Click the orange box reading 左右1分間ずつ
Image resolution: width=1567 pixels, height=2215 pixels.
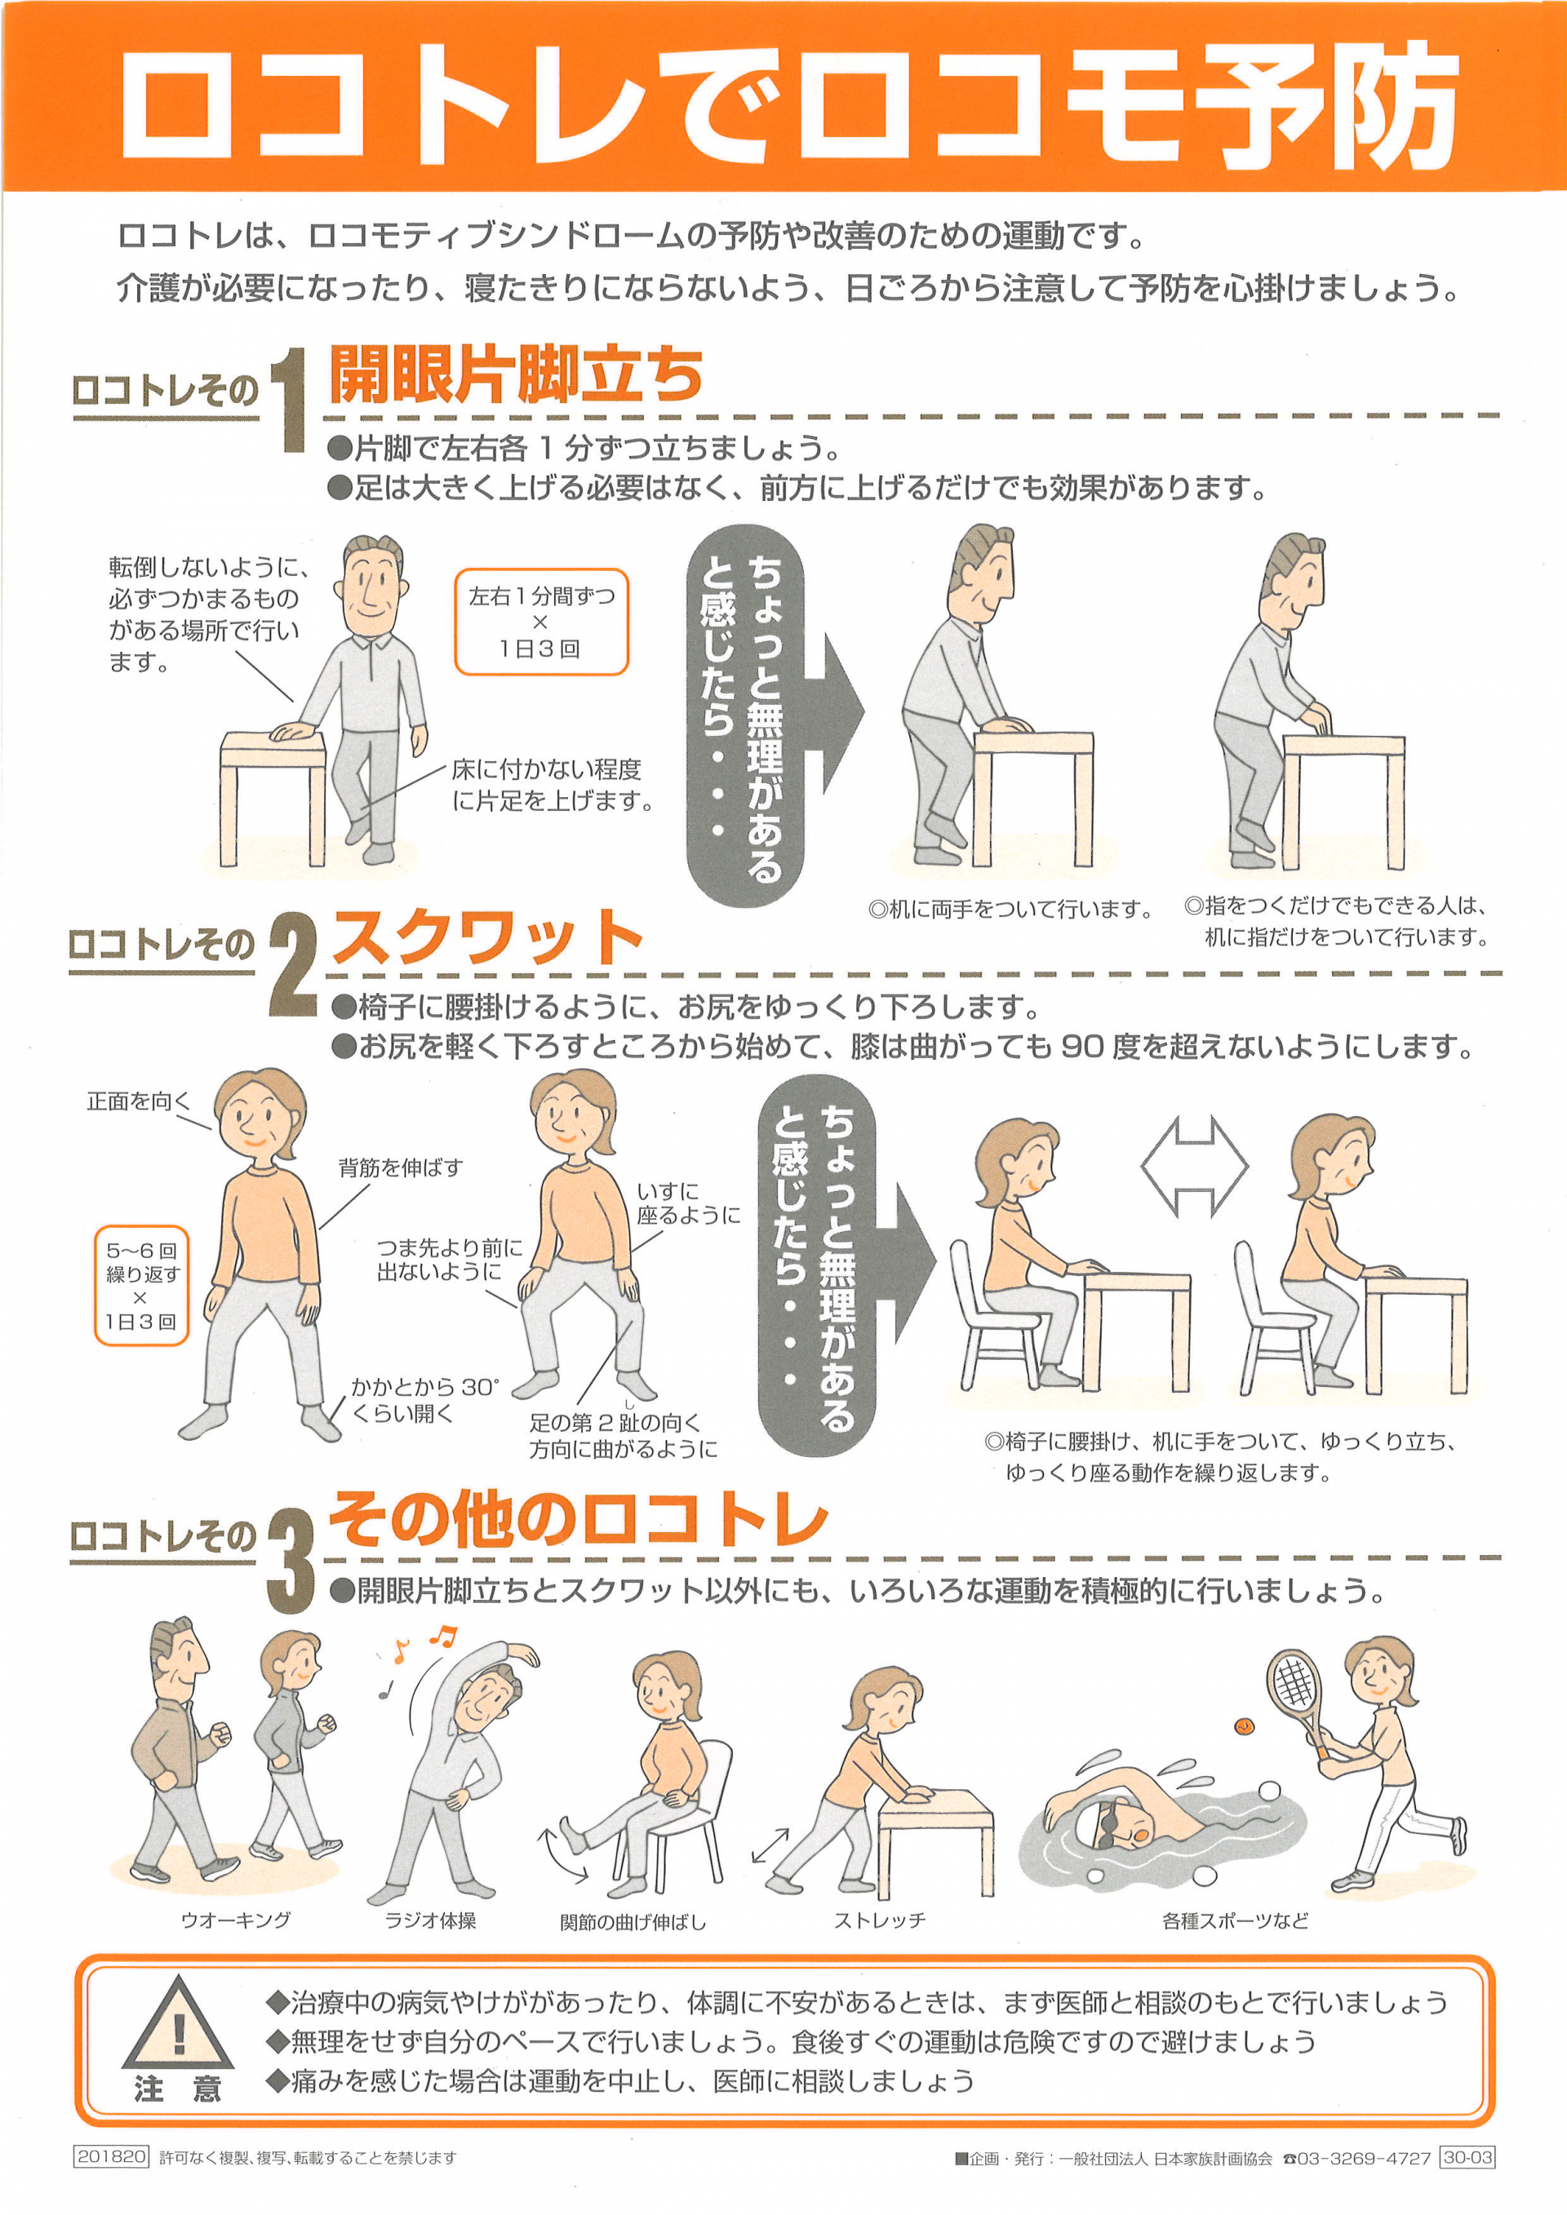point(541,622)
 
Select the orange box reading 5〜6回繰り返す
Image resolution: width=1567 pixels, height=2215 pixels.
point(142,1285)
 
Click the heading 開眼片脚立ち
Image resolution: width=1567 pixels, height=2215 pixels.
point(517,374)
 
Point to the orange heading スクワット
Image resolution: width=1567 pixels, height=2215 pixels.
point(487,937)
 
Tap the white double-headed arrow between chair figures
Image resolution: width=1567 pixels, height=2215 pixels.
point(1195,1167)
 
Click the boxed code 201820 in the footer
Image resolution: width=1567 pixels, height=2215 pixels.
point(111,2157)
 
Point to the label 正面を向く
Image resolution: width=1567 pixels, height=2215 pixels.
point(139,1101)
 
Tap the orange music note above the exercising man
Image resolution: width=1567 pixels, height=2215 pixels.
point(443,1634)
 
